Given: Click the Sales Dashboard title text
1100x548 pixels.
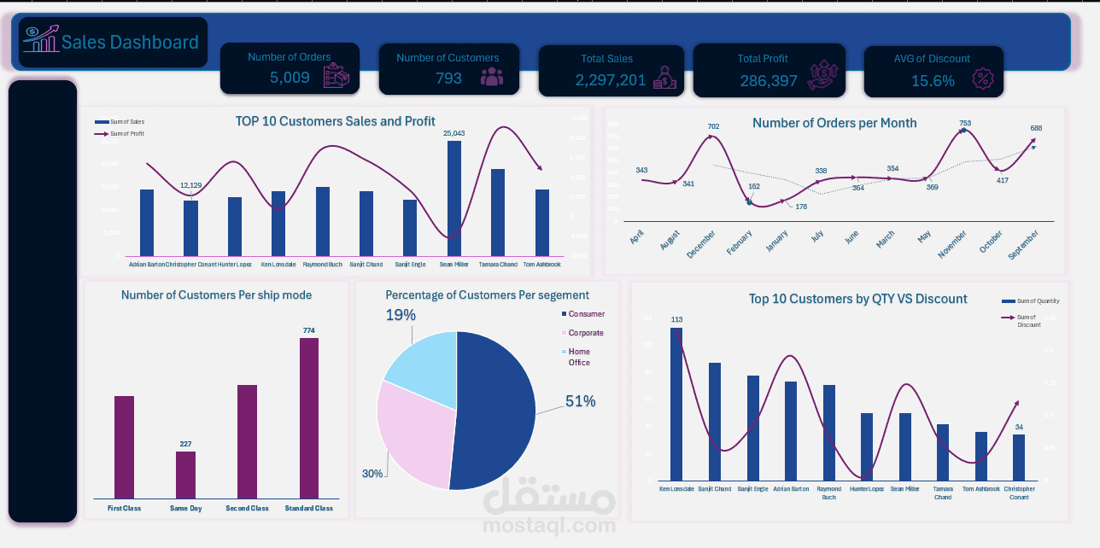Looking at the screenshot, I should [x=130, y=42].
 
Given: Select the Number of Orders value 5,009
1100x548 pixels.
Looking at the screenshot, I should [x=290, y=78].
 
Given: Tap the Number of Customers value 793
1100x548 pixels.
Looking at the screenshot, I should [x=448, y=78].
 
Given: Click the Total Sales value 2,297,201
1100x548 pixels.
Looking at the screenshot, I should [x=611, y=80].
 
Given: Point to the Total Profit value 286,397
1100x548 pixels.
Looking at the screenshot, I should [x=769, y=81].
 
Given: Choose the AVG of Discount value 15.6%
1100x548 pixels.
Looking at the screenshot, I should [x=933, y=81].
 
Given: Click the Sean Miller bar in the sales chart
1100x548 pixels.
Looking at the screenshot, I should [x=453, y=198].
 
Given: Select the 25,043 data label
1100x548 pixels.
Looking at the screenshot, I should [x=453, y=133].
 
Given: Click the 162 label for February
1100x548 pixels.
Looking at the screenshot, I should [x=753, y=186].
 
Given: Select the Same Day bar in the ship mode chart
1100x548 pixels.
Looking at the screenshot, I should [x=185, y=475].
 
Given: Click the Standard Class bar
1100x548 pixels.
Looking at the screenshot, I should [x=308, y=418].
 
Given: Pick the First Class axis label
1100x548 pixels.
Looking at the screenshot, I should [x=124, y=508].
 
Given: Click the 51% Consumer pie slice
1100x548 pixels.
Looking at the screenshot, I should [x=495, y=410].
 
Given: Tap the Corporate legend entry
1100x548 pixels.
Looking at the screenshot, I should [x=585, y=333].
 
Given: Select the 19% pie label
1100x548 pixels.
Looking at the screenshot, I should [x=400, y=315].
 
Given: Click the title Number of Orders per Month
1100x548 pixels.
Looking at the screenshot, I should [x=834, y=123].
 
